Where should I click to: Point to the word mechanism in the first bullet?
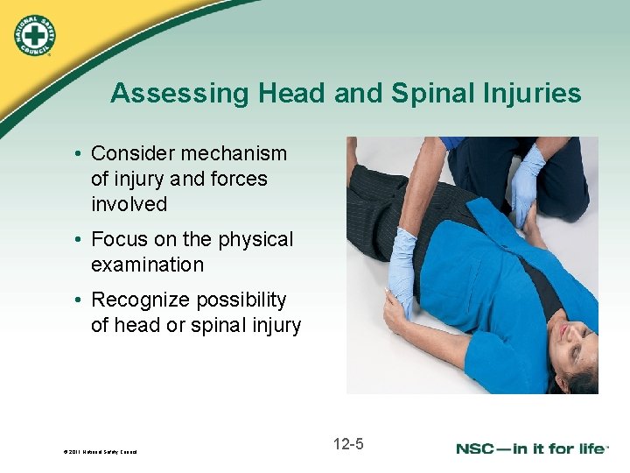pos(233,153)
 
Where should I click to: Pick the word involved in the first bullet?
pos(129,204)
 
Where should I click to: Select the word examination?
pos(147,265)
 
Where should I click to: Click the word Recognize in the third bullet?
pos(140,300)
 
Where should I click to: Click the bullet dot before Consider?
pos(79,154)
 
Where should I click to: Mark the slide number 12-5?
pos(348,444)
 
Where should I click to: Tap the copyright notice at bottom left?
pos(100,452)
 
